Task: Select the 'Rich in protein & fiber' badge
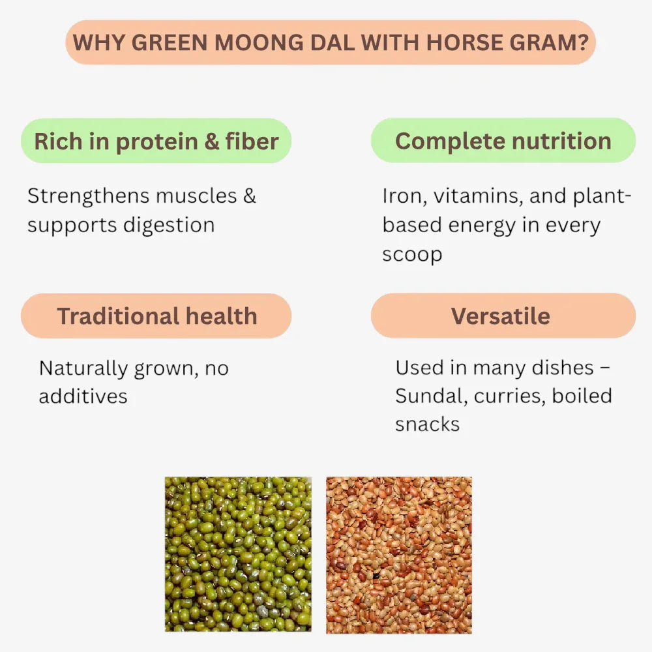156,141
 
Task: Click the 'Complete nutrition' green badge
503,141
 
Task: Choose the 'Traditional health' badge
156,316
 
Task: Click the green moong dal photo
238,554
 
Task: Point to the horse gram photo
399,554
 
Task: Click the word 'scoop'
412,254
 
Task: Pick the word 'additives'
83,396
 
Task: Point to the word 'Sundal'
431,396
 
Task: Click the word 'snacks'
427,424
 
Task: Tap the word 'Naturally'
83,368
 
